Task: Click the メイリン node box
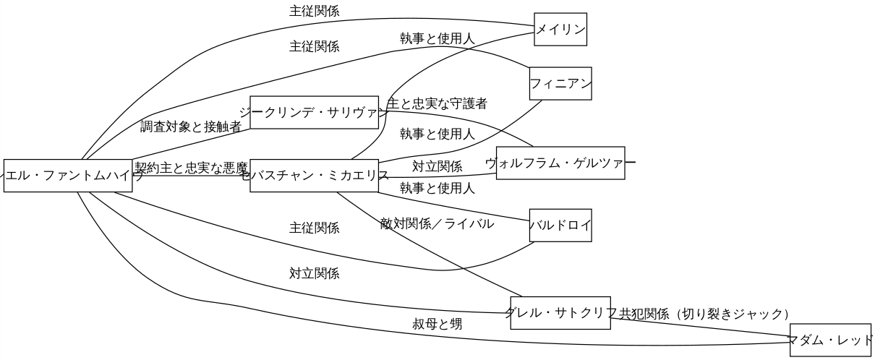(560, 30)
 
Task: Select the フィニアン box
(560, 83)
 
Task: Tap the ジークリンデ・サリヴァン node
(315, 112)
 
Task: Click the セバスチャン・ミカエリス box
(315, 176)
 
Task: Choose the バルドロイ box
(560, 226)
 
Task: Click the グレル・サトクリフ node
(560, 313)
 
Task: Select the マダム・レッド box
(832, 339)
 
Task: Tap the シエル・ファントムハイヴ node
(68, 176)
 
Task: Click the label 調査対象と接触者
(191, 128)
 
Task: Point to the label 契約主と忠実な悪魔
(192, 168)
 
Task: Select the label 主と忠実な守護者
(437, 104)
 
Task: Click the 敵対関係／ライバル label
(437, 224)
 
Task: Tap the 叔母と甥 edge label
(437, 325)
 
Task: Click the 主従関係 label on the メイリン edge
(314, 12)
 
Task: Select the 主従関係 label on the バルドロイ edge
(314, 228)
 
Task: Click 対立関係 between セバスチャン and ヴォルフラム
(437, 167)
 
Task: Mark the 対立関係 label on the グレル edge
(314, 274)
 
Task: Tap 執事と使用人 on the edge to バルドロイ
(437, 189)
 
